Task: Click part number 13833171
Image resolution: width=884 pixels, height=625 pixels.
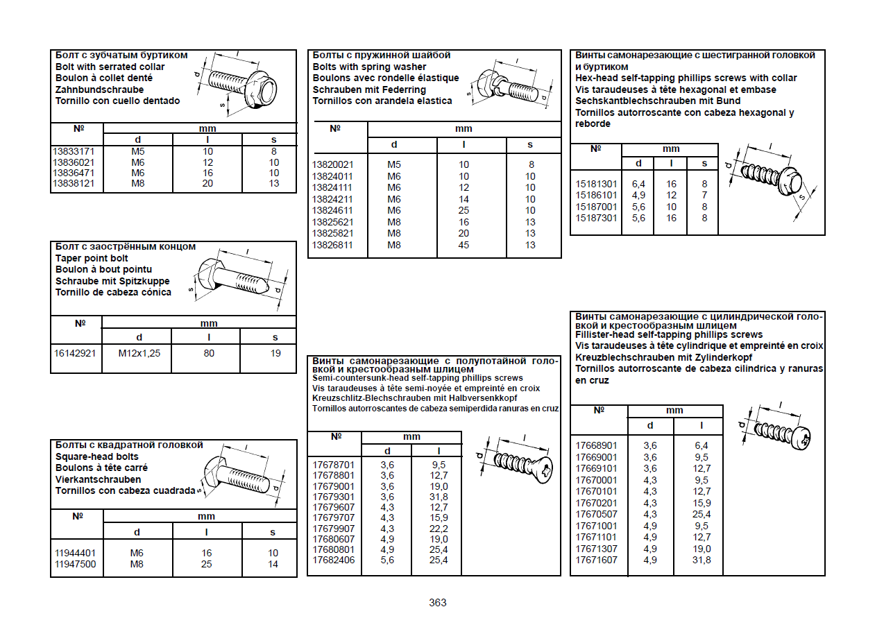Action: [74, 151]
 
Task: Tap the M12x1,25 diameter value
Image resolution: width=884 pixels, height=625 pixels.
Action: [139, 353]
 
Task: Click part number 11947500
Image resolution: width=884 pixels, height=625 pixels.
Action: [75, 564]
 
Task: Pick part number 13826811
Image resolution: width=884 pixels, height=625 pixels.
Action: [332, 245]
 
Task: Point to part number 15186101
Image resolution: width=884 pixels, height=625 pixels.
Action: [596, 196]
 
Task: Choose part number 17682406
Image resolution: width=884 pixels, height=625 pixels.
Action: [333, 560]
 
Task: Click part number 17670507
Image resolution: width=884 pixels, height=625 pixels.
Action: [596, 514]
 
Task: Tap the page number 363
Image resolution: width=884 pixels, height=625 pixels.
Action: [438, 602]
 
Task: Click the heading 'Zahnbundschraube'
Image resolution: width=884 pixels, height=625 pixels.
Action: [100, 89]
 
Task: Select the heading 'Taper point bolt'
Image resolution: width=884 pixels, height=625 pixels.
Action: [92, 258]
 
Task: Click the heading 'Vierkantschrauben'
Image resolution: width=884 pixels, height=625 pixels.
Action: [98, 479]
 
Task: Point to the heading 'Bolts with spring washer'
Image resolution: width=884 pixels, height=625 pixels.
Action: [370, 67]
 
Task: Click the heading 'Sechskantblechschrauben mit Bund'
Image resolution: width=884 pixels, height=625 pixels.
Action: [658, 101]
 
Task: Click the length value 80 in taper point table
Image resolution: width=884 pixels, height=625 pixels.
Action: [209, 353]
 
